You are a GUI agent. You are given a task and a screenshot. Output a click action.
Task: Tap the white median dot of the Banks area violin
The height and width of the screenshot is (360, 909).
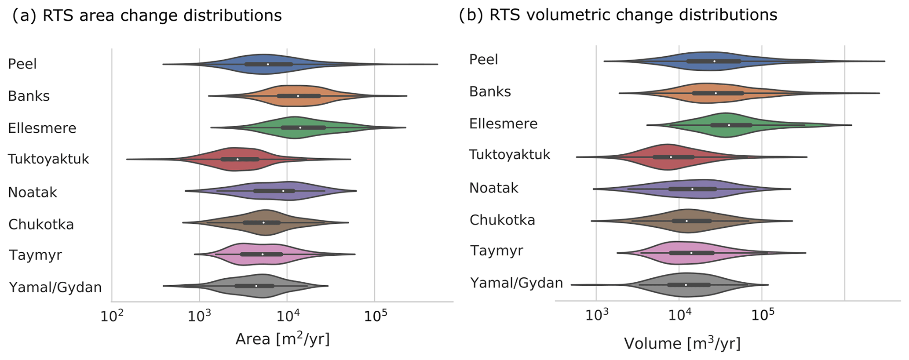298,96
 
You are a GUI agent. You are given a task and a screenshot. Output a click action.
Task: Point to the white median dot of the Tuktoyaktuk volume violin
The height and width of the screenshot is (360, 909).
671,157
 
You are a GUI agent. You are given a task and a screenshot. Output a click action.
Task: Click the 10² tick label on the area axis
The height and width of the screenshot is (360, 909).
111,316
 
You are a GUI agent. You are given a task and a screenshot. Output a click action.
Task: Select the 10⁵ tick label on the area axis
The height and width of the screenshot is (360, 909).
374,316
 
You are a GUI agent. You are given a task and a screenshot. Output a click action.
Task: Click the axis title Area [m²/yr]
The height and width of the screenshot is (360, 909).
282,339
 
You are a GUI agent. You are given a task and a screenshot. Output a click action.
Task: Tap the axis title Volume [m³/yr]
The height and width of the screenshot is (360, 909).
682,343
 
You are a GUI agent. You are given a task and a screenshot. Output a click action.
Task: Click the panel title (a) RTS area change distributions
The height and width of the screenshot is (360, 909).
147,16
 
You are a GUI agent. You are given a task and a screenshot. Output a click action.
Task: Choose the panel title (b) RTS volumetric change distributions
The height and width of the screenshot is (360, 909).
618,15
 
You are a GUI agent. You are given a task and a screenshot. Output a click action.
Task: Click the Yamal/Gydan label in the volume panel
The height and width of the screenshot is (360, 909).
516,283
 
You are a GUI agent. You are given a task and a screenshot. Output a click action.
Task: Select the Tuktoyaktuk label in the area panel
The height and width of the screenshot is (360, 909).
48,159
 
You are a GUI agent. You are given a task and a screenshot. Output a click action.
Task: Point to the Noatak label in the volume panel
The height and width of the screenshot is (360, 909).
494,188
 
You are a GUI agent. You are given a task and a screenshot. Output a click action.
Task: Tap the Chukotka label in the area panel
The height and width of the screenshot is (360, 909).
41,225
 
